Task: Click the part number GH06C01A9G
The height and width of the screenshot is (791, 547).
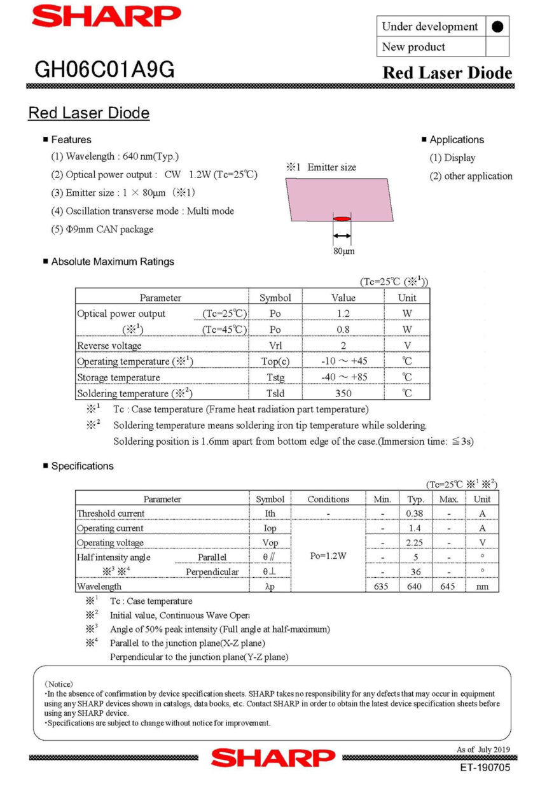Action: pyautogui.click(x=104, y=70)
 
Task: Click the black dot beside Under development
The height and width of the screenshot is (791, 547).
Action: pyautogui.click(x=497, y=27)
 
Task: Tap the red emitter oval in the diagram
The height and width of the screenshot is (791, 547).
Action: pyautogui.click(x=342, y=219)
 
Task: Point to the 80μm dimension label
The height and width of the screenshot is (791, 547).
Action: pyautogui.click(x=344, y=251)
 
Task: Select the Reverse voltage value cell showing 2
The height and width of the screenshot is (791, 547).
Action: pyautogui.click(x=343, y=346)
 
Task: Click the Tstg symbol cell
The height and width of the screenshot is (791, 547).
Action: pyautogui.click(x=275, y=377)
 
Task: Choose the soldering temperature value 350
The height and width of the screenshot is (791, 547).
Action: pyautogui.click(x=343, y=393)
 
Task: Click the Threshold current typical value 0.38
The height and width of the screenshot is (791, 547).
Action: pyautogui.click(x=415, y=514)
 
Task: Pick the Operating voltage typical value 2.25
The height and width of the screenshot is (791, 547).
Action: pyautogui.click(x=415, y=543)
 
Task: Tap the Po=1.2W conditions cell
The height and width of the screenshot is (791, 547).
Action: pyautogui.click(x=328, y=556)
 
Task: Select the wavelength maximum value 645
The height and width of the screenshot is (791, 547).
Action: pyautogui.click(x=448, y=586)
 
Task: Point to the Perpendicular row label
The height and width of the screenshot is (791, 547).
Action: pyautogui.click(x=212, y=572)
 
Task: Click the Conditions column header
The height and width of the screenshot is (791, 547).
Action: pyautogui.click(x=328, y=500)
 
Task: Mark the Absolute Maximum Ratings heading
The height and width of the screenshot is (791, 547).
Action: pyautogui.click(x=113, y=262)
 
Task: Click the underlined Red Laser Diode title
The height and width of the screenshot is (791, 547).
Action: pyautogui.click(x=89, y=113)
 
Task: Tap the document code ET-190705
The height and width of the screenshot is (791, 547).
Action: pyautogui.click(x=485, y=767)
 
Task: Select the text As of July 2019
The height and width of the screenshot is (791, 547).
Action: pyautogui.click(x=483, y=750)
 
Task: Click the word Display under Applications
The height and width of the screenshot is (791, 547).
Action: pyautogui.click(x=460, y=158)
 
